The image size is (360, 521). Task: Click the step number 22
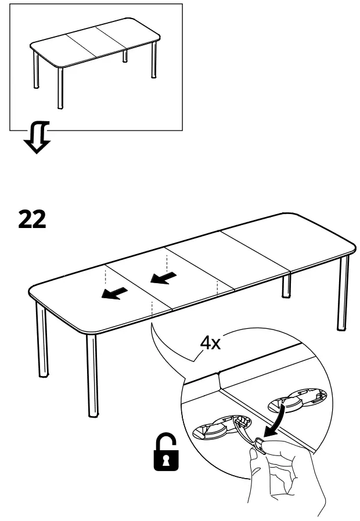[32, 219]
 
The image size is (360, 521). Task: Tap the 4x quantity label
[210, 343]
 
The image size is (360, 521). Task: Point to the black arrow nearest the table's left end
[114, 294]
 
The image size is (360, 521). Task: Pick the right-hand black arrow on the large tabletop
[164, 279]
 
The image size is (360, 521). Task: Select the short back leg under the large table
[286, 285]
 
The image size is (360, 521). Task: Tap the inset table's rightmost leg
[154, 61]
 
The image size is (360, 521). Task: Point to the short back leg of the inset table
[124, 57]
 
